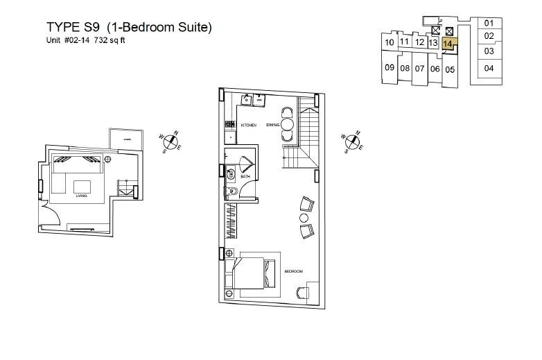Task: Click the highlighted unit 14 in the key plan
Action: tap(448, 43)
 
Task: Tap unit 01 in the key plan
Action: tap(489, 23)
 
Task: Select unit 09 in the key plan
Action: tap(390, 67)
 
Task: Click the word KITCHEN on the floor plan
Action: tap(249, 125)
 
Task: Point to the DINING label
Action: tap(272, 125)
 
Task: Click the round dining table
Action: tap(287, 125)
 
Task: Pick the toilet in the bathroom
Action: tap(233, 192)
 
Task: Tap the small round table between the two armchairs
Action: tap(303, 218)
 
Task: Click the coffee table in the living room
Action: tap(82, 186)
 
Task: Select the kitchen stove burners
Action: tap(229, 126)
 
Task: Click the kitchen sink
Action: tap(246, 100)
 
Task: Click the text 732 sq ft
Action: tap(111, 40)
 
